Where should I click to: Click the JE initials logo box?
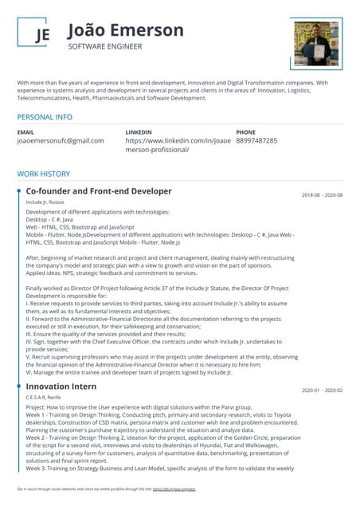coord(41,35)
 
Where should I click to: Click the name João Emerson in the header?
coord(125,30)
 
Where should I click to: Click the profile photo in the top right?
coord(317,44)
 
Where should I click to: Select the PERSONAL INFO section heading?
coord(45,116)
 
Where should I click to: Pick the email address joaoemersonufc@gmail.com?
coord(61,140)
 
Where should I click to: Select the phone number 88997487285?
coord(256,140)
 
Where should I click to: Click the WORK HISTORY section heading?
coord(44,174)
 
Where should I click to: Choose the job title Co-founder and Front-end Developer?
coord(98,191)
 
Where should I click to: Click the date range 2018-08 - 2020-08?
coord(322,195)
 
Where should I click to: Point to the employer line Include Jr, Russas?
coord(45,202)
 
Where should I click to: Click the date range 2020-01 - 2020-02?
coord(322,390)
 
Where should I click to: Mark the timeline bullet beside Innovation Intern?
coord(18,386)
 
